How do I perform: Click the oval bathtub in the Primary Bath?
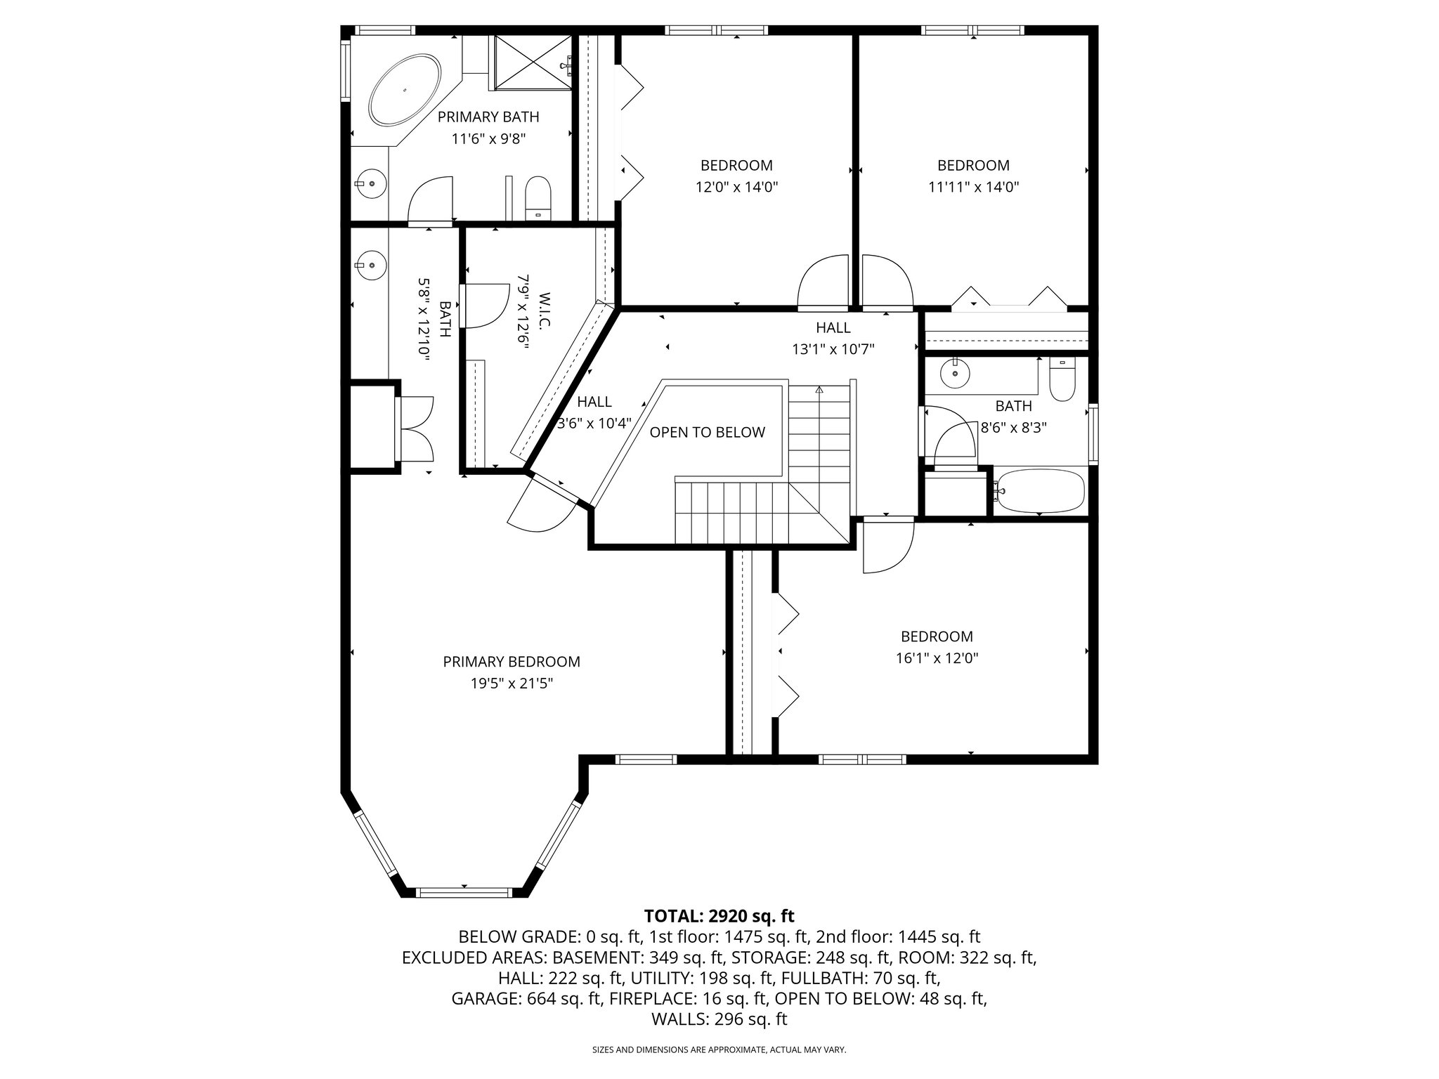point(405,91)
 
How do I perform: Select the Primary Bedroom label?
point(512,662)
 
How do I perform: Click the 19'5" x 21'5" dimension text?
point(512,684)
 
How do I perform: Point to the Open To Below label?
point(707,433)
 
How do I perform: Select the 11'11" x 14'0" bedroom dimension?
point(973,187)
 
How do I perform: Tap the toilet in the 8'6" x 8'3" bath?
point(1062,380)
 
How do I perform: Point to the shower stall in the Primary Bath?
point(531,63)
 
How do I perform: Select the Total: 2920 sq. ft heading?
point(719,916)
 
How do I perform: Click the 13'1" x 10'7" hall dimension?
point(833,349)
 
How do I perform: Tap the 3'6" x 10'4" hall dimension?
point(594,424)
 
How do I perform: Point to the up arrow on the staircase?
point(819,389)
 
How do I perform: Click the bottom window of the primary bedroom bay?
point(464,892)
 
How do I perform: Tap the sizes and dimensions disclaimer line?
point(719,1050)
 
